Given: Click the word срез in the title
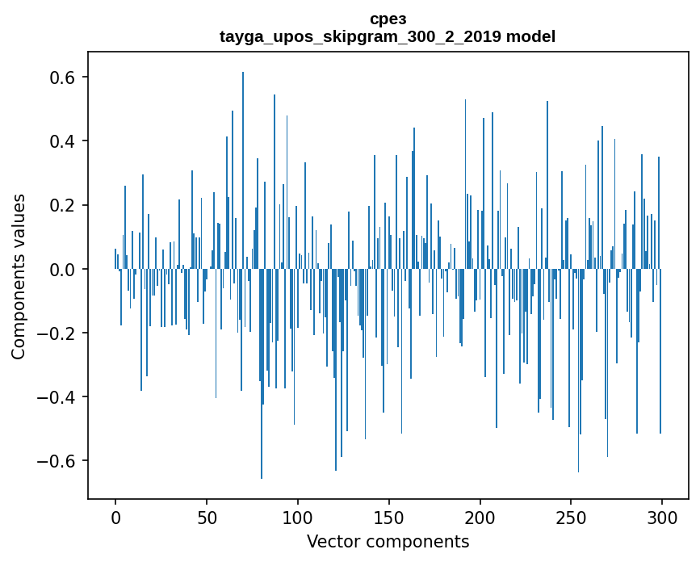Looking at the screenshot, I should click(x=388, y=19).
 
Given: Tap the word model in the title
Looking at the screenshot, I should click(x=530, y=36).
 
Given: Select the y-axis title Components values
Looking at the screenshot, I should click(x=19, y=276).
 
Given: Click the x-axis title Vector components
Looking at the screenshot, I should click(x=388, y=542).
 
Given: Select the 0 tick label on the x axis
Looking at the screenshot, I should click(x=115, y=516).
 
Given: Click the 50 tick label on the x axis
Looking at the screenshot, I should click(x=207, y=516).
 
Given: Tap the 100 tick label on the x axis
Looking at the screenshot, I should click(x=298, y=516).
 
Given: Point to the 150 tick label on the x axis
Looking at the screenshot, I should click(x=389, y=516).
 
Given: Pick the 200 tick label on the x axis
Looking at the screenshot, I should click(x=480, y=516).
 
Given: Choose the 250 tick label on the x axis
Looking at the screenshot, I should click(x=572, y=516).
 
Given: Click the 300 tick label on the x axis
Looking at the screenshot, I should click(x=663, y=516).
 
